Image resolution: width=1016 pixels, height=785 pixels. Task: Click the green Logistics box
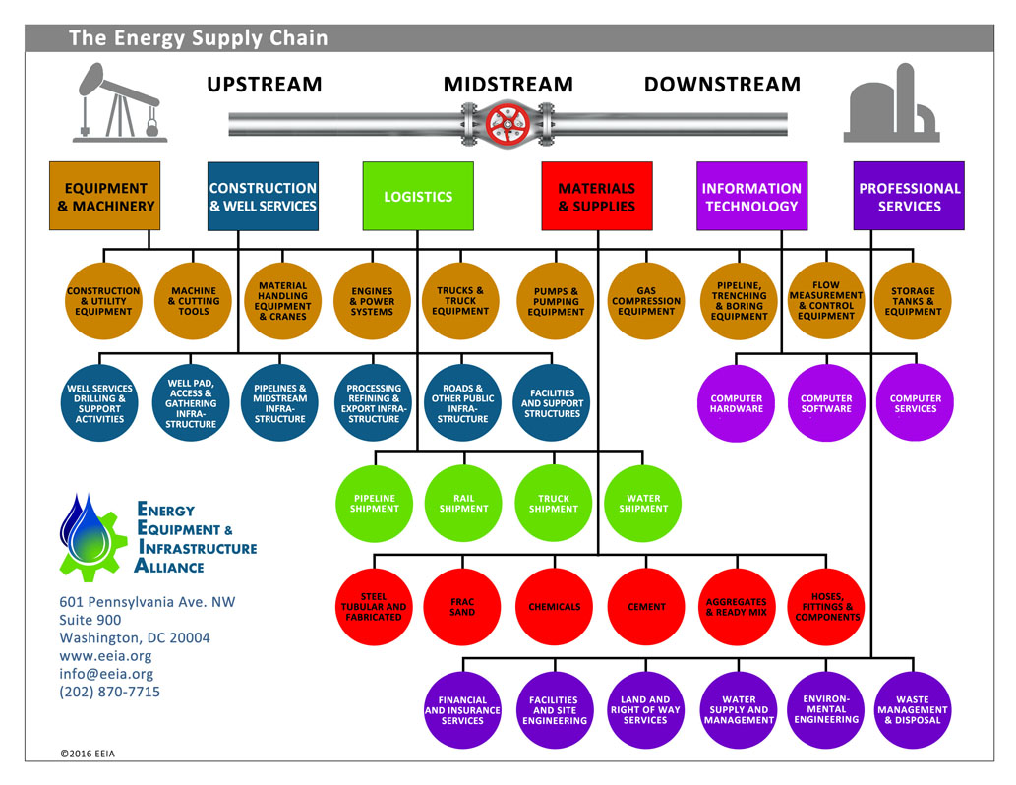418,197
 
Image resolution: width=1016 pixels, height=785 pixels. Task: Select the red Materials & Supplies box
597,197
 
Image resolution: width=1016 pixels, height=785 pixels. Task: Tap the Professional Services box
909,197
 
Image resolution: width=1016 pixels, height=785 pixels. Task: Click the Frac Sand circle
462,607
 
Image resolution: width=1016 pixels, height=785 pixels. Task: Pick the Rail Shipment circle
463,504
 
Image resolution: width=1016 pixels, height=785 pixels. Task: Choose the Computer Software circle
826,403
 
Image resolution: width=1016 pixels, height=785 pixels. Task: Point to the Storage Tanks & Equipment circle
914,301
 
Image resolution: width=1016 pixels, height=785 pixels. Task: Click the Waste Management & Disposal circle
913,710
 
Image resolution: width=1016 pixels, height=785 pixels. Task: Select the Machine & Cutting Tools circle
194,301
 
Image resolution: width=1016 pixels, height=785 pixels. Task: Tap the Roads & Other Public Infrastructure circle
462,403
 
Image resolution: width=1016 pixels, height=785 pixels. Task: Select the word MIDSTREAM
508,85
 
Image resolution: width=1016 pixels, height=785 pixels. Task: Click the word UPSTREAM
264,85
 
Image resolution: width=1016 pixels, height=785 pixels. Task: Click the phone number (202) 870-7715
109,692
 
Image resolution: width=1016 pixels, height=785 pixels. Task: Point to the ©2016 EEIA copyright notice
93,755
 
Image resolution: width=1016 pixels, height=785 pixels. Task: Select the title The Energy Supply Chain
198,39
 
